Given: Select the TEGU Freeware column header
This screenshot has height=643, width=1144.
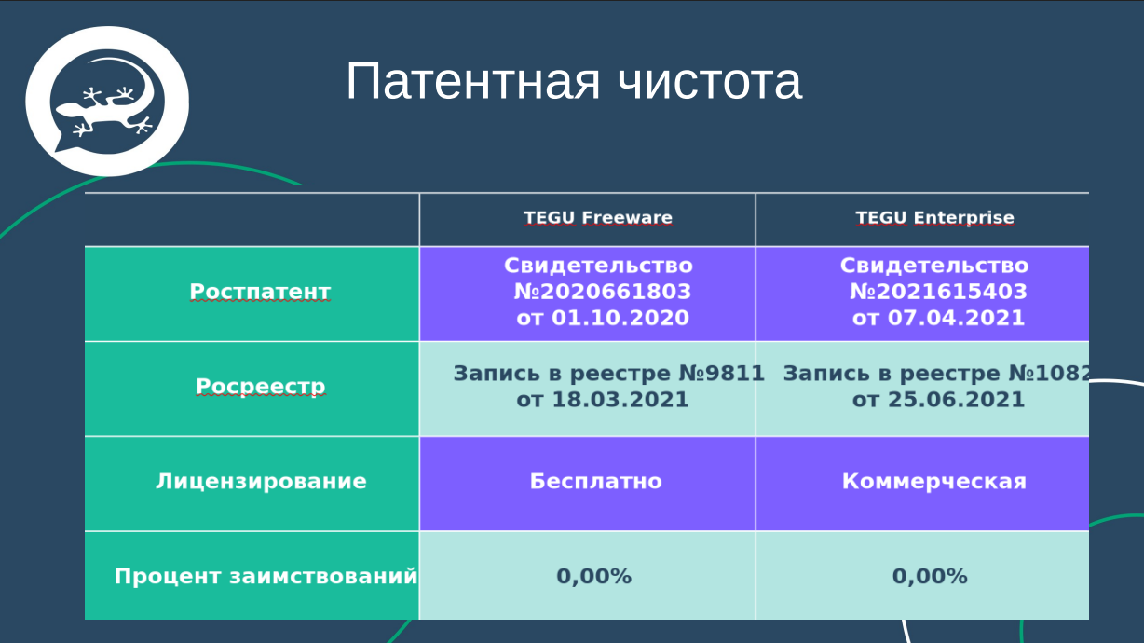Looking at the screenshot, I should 597,218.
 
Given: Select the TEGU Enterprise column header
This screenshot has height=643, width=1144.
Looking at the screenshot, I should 934,218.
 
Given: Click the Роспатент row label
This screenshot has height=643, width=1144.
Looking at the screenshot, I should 260,292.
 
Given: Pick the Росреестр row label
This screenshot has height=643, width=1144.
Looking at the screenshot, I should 260,386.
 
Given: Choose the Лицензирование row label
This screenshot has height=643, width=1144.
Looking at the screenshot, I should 261,482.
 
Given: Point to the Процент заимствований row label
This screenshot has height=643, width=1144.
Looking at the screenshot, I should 266,576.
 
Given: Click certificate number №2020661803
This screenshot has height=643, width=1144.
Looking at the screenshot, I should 603,292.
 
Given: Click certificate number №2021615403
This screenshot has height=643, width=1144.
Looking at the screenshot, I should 938,292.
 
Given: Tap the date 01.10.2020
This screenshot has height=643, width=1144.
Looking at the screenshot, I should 620,318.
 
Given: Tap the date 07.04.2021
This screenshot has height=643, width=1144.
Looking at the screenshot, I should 956,318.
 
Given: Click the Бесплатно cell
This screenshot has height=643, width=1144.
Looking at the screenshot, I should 596,482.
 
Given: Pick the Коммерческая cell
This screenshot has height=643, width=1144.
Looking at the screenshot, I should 933,482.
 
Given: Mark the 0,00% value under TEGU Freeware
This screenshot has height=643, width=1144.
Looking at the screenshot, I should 594,576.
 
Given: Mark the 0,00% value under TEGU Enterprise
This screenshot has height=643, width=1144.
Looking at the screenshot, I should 930,576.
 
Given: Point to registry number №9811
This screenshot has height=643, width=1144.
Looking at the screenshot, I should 725,374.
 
